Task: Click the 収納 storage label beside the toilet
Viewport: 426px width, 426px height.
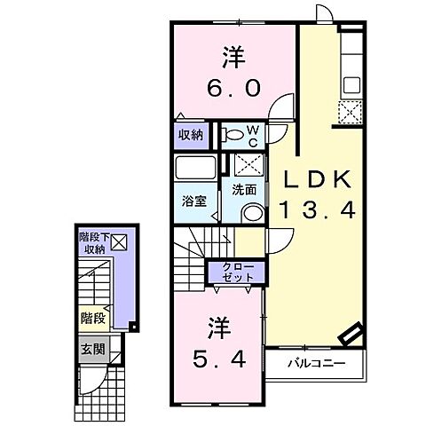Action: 190,136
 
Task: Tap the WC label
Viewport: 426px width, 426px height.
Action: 251,136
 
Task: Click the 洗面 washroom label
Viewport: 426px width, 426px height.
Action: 244,188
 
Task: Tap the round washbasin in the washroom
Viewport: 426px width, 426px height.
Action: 252,212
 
